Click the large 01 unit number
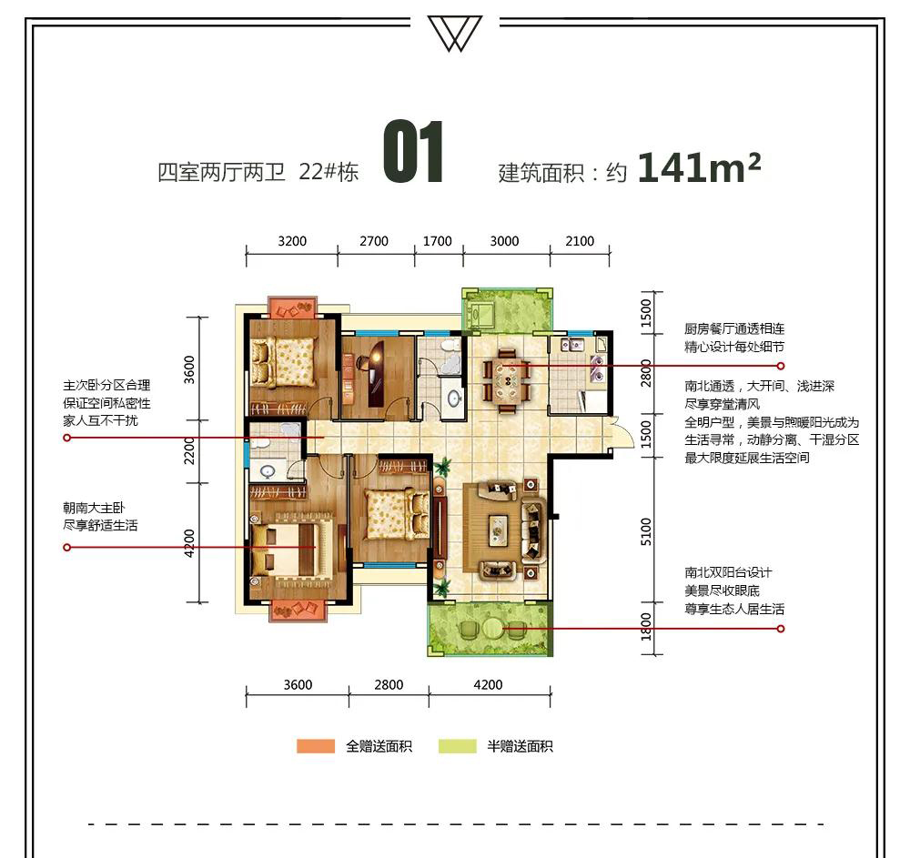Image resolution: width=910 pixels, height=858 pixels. pyautogui.click(x=413, y=152)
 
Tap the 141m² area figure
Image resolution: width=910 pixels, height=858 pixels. pyautogui.click(x=699, y=167)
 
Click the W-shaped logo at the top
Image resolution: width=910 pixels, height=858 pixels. pyautogui.click(x=455, y=33)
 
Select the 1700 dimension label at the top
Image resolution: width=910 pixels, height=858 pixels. pyautogui.click(x=437, y=241)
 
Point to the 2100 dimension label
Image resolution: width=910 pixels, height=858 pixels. pyautogui.click(x=580, y=241)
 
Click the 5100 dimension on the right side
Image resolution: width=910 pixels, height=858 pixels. pyautogui.click(x=646, y=531)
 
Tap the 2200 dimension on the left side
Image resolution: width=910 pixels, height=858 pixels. pyautogui.click(x=190, y=450)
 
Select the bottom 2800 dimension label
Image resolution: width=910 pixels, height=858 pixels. pyautogui.click(x=389, y=684)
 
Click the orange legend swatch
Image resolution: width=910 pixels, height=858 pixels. pyautogui.click(x=316, y=746)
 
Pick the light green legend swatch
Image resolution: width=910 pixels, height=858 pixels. pyautogui.click(x=458, y=746)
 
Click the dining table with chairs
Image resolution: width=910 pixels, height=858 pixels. pyautogui.click(x=507, y=380)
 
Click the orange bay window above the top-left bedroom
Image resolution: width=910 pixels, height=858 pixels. pyautogui.click(x=293, y=307)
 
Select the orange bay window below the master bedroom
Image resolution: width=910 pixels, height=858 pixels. pyautogui.click(x=298, y=611)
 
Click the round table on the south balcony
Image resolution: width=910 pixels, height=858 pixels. pyautogui.click(x=492, y=628)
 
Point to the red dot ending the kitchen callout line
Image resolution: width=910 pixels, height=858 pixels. pyautogui.click(x=781, y=366)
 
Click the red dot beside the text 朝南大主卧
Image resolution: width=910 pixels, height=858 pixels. pyautogui.click(x=66, y=547)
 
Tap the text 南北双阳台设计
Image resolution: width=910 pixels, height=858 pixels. pyautogui.click(x=728, y=572)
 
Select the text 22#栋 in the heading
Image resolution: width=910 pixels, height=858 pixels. pyautogui.click(x=329, y=172)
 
